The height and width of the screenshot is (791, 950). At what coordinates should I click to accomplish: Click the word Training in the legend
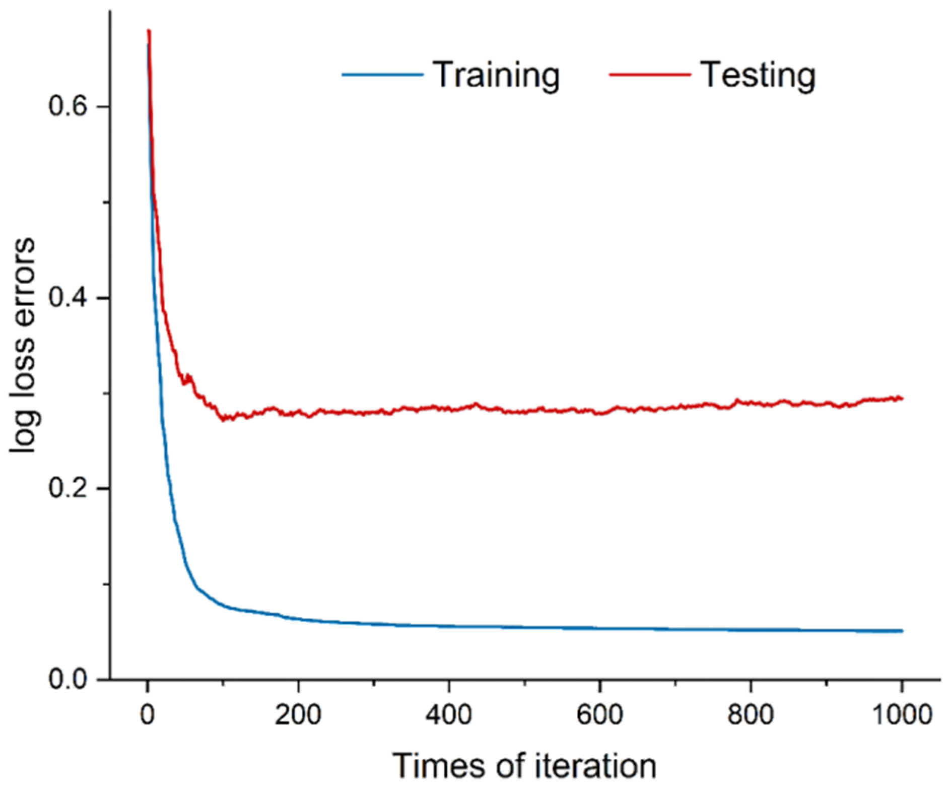[x=496, y=76]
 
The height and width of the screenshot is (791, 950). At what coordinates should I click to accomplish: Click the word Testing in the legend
[x=758, y=76]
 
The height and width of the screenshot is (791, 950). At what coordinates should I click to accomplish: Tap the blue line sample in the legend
[x=382, y=75]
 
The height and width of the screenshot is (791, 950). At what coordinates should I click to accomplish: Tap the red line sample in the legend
[x=650, y=75]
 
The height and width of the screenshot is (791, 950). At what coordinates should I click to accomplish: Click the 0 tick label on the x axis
[x=147, y=715]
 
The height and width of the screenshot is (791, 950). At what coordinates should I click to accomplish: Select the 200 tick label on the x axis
[x=298, y=715]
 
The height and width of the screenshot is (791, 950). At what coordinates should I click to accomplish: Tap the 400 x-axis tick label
[x=449, y=715]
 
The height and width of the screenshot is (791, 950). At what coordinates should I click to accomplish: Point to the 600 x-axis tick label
[x=599, y=715]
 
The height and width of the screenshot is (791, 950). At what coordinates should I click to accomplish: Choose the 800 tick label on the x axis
[x=751, y=715]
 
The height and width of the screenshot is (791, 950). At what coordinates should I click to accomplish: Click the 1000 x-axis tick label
[x=902, y=715]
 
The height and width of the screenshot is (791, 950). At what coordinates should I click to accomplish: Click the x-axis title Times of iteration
[x=524, y=766]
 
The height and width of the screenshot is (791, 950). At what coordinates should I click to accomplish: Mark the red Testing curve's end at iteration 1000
[x=902, y=399]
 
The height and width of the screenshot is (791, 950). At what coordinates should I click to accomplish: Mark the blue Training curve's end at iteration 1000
[x=902, y=631]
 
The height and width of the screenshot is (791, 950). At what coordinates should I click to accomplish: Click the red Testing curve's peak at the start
[x=149, y=31]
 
